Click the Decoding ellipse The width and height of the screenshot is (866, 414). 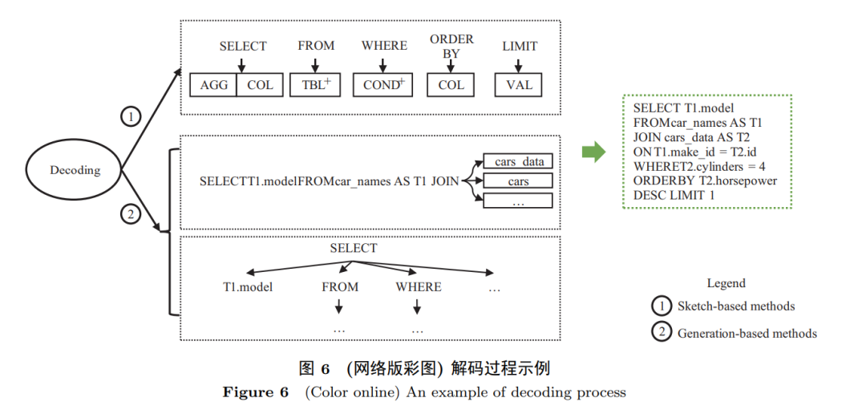tap(75, 170)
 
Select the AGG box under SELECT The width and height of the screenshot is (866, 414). tap(213, 85)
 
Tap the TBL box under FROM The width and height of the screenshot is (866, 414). tap(316, 85)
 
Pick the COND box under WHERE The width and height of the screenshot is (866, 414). tap(384, 85)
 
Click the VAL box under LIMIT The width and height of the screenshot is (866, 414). tap(519, 85)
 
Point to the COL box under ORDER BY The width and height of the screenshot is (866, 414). tap(451, 85)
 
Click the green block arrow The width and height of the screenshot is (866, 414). tap(593, 152)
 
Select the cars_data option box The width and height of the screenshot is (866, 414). tap(519, 162)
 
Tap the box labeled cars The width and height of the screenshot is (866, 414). tap(519, 182)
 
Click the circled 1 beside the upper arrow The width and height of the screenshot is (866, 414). tap(132, 117)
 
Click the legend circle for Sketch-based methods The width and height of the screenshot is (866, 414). tap(662, 306)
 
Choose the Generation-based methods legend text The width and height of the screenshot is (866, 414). tap(747, 333)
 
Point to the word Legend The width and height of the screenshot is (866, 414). tap(726, 283)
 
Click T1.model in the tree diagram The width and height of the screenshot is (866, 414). tap(248, 286)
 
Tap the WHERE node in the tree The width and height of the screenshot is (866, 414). tap(418, 286)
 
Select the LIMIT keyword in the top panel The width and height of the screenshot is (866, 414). tap(520, 46)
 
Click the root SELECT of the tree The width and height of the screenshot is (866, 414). tap(353, 249)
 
